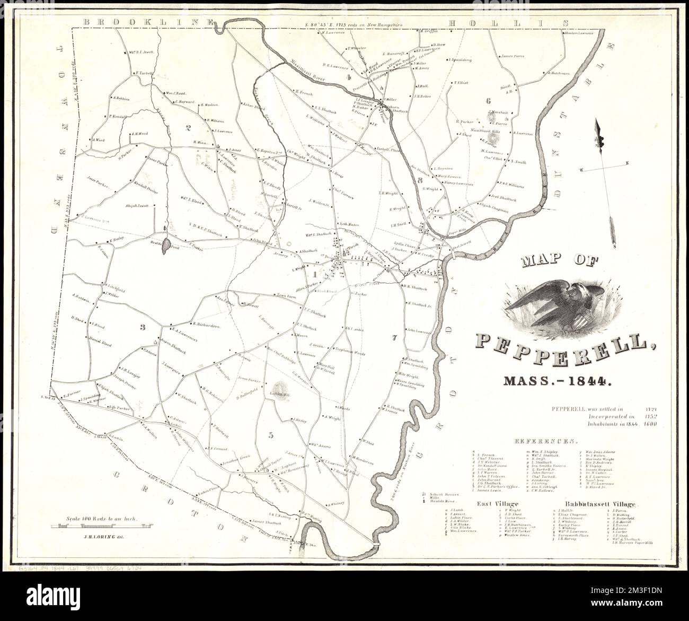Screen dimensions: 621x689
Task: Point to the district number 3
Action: coord(142,327)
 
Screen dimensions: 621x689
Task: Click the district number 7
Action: coord(394,338)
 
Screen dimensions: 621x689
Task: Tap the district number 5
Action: coord(271,435)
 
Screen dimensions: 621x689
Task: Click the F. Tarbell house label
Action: coord(144,73)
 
